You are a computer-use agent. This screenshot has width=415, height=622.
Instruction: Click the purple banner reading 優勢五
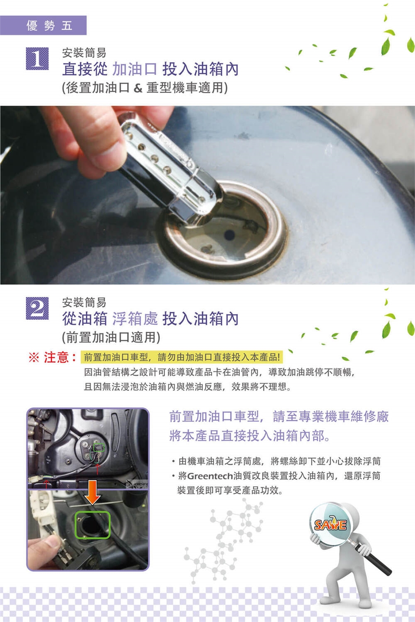(x=43, y=25)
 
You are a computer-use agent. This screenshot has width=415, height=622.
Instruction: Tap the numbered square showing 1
(x=37, y=59)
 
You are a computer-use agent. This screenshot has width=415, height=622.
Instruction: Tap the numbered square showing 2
(x=37, y=308)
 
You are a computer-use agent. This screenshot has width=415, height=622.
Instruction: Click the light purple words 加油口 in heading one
(x=135, y=69)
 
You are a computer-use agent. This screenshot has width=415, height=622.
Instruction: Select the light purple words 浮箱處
(x=135, y=318)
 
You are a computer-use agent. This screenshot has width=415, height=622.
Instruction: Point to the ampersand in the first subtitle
(x=138, y=88)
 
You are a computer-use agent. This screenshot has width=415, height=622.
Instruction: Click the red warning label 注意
(x=57, y=357)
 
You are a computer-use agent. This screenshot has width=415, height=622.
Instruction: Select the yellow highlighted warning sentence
(x=182, y=357)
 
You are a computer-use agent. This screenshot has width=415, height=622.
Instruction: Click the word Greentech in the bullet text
(x=210, y=476)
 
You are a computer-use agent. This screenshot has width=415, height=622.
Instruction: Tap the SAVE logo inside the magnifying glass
(x=330, y=524)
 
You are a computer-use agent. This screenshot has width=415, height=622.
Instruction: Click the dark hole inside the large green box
(x=90, y=525)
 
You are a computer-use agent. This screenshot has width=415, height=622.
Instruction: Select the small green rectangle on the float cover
(x=99, y=447)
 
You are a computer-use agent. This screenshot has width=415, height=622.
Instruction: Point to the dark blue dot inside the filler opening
(x=229, y=235)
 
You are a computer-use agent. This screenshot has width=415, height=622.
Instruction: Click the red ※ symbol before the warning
(x=34, y=357)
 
